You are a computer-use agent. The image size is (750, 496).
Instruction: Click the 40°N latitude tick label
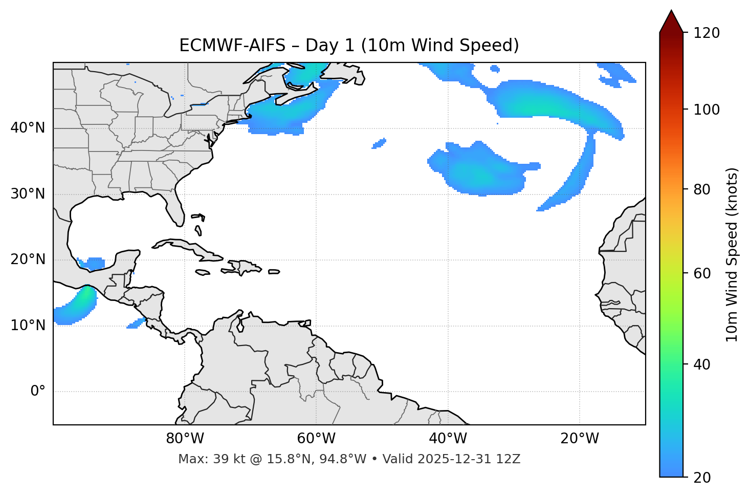click(28, 128)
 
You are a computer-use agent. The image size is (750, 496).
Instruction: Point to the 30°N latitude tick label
click(28, 194)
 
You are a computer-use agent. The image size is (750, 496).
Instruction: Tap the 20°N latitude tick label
click(28, 260)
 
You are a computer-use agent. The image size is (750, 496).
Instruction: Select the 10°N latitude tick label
click(28, 326)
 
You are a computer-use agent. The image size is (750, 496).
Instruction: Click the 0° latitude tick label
click(38, 392)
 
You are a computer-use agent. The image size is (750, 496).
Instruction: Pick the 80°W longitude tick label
click(185, 439)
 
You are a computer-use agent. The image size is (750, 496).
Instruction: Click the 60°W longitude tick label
click(316, 439)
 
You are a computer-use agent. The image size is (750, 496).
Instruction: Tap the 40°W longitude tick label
click(448, 439)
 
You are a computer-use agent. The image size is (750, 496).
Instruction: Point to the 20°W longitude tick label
click(580, 439)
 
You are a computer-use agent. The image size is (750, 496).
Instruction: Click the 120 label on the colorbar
click(707, 33)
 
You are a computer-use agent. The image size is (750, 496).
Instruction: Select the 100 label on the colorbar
click(707, 110)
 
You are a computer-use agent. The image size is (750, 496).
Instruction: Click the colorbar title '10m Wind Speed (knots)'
click(732, 254)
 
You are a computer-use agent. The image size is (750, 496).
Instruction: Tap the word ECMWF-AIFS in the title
click(232, 46)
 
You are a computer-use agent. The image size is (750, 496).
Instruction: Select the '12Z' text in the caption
click(510, 459)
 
